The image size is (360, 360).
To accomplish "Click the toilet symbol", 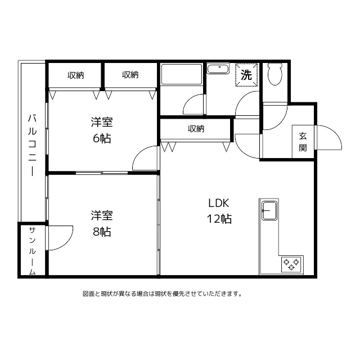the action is pos(274,74).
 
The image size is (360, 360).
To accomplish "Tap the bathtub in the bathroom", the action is pos(181,74).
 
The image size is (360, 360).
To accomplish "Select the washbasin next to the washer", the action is pos(218,69).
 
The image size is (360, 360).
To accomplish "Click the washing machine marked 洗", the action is pos(246,75).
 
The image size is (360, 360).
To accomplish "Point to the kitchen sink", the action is pos(269,210).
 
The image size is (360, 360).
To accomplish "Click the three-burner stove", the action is pos(291,264).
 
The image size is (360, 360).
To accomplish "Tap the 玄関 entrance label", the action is pos(303,142).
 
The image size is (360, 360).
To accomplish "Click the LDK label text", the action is pos(219,203).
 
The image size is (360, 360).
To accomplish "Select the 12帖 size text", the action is pos(219,219).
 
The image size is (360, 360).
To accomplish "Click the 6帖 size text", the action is pos(102,138).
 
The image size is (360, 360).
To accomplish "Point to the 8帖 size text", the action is pos(102,232).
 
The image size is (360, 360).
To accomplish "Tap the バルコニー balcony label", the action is pos(33,145).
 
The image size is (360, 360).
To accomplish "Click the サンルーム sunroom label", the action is pos(33,251).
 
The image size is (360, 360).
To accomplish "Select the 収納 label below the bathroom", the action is pos(196,129).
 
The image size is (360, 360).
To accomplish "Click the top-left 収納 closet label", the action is pos(76,75).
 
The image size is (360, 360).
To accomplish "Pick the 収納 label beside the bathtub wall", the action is pos(130,75).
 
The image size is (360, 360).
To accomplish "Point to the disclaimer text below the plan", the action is pos(163,294).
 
